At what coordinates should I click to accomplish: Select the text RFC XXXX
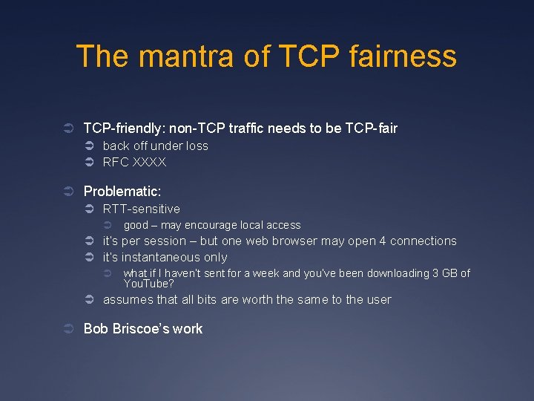[x=134, y=162]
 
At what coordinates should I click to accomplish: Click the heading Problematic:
[x=122, y=192]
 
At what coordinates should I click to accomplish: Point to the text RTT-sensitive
[x=141, y=209]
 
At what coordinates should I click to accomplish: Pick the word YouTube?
[x=148, y=283]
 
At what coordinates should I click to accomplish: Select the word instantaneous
[x=161, y=257]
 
